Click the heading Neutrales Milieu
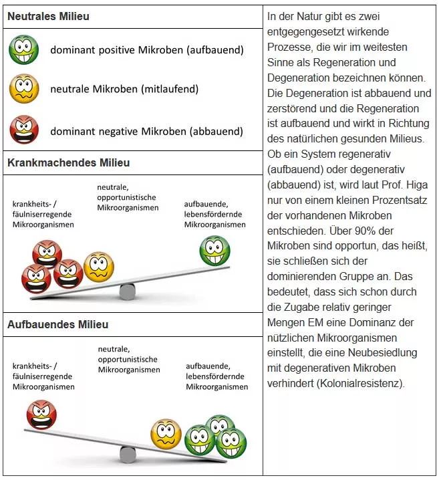[x=48, y=16]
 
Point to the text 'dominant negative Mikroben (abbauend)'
[x=146, y=132]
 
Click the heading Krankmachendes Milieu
[x=68, y=162]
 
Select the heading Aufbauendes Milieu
[x=57, y=324]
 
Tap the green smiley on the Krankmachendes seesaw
[x=215, y=251]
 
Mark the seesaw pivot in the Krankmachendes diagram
[x=127, y=291]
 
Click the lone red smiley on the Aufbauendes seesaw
[x=41, y=414]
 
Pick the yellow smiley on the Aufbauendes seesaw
[x=166, y=433]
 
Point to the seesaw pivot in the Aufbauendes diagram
[x=128, y=455]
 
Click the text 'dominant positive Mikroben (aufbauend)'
[x=147, y=50]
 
